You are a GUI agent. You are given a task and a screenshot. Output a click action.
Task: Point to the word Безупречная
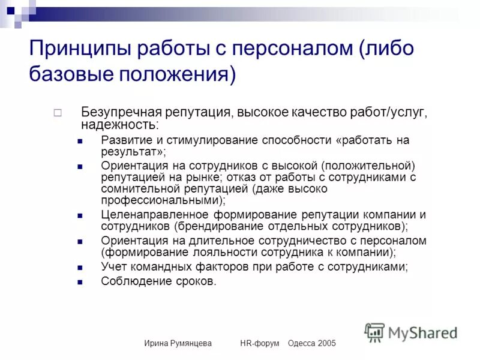tap(118, 112)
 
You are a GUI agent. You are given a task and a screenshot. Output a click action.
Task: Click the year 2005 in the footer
tap(325, 343)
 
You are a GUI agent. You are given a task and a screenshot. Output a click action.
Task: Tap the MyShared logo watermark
tap(412, 332)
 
